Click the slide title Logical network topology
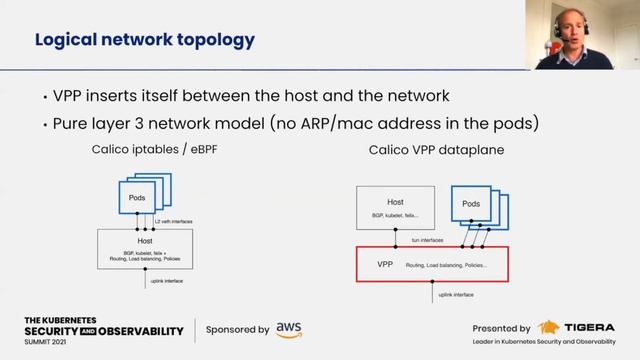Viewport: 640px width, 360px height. coord(145,41)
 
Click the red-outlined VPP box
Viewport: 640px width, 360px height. coord(433,264)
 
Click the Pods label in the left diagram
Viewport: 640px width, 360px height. coord(136,198)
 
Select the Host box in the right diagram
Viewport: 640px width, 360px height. coord(395,207)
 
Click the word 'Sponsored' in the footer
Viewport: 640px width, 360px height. coord(229,329)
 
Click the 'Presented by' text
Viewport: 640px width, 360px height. coord(502,328)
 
